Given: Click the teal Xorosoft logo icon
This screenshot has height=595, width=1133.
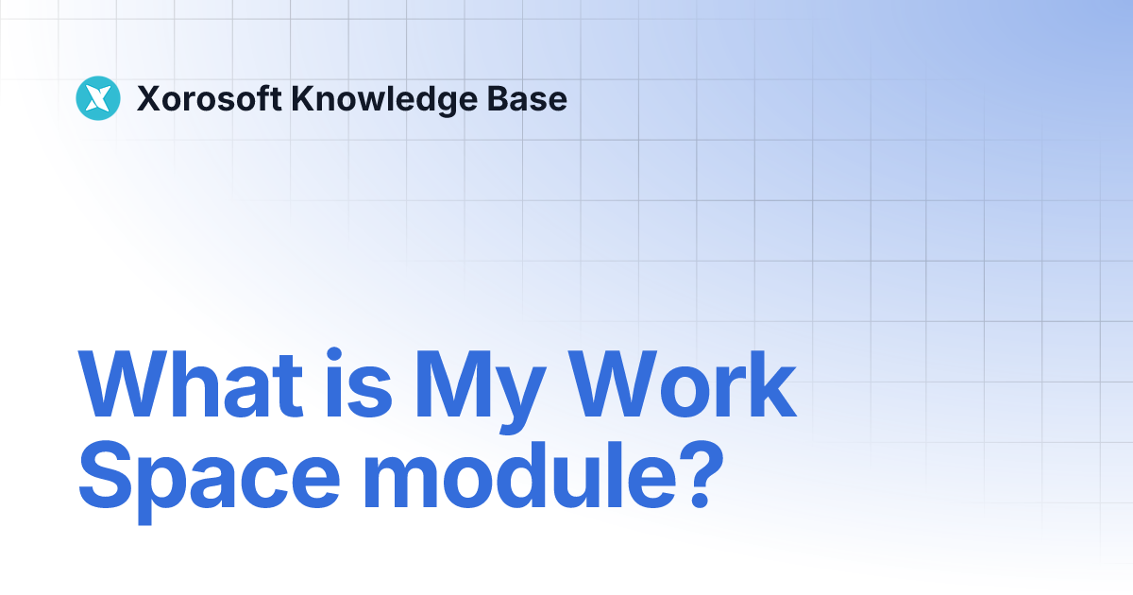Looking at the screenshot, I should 98,98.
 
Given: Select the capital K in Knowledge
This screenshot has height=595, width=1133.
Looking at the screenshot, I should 303,98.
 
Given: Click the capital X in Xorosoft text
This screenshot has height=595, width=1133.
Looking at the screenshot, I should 147,98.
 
